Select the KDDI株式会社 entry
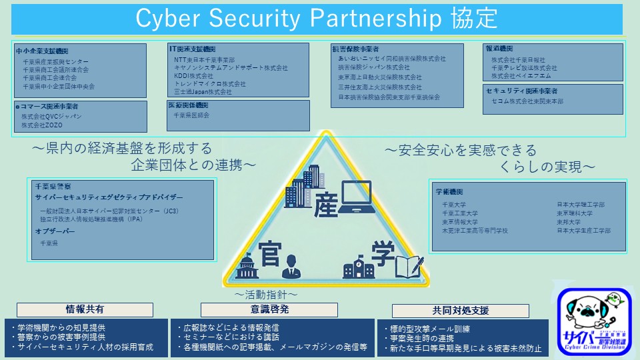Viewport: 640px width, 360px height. point(193,76)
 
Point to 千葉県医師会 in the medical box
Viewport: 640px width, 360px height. point(191,115)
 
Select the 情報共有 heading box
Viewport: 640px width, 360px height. point(85,309)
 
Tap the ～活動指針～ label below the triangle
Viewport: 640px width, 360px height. point(265,294)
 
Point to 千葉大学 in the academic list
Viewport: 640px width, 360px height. point(454,205)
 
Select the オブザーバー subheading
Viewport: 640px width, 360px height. point(56,231)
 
